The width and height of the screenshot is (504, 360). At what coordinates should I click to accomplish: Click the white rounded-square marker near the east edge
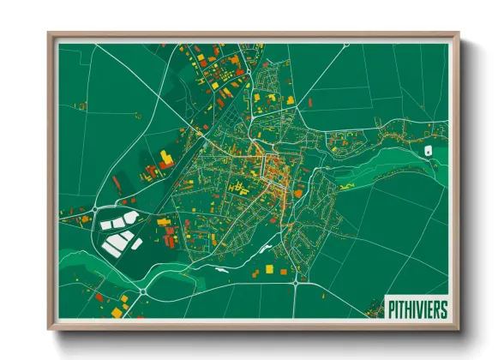[427, 151]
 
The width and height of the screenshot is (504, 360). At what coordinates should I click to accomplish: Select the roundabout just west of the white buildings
[93, 209]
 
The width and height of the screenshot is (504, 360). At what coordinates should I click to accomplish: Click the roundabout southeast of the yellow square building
[296, 280]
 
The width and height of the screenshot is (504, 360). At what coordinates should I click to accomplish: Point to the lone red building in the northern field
[311, 102]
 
